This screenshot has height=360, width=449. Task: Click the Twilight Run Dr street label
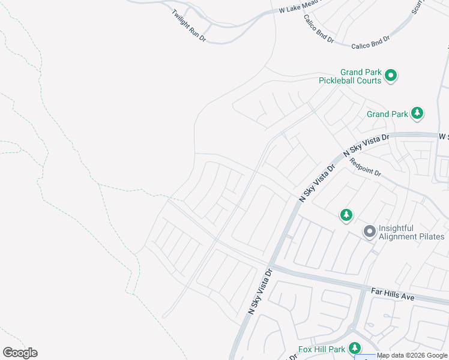[188, 25]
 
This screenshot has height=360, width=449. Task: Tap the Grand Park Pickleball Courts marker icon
[391, 76]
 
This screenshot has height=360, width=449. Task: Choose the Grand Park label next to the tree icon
[387, 114]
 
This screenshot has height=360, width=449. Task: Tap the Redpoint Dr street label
[366, 167]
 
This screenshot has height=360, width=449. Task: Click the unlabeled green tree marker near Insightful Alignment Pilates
[346, 215]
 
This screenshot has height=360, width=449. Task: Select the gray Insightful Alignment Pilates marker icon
[369, 231]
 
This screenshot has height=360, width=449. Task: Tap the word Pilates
[432, 236]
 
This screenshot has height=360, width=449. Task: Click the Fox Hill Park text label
[322, 349]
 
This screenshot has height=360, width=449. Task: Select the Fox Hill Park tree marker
[355, 348]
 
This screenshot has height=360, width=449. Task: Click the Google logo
[20, 353]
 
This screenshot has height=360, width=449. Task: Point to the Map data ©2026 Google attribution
[412, 356]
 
